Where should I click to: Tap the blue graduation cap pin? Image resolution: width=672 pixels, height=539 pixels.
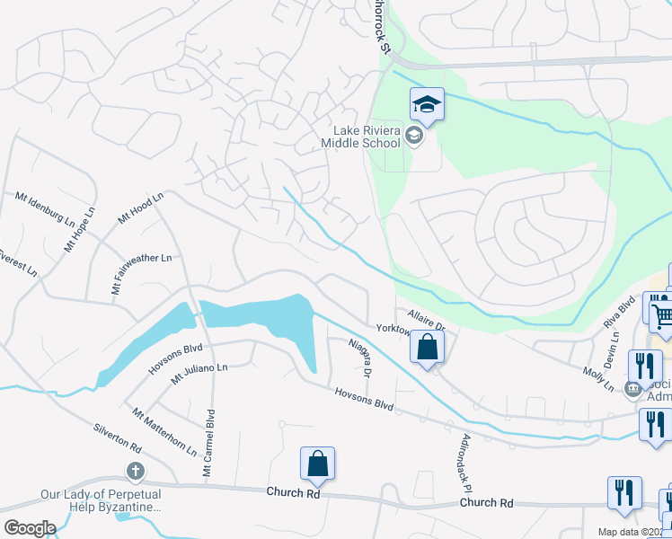[428, 105]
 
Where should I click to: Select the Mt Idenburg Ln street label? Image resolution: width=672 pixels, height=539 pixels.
[45, 208]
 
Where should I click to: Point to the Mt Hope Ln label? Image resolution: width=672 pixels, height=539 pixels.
[79, 231]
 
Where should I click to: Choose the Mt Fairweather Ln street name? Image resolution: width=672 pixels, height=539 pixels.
[141, 273]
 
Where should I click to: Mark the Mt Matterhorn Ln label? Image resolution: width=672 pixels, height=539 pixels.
[164, 430]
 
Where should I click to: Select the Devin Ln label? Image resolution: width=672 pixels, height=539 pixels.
[615, 349]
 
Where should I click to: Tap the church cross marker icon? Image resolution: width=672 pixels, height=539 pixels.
[135, 472]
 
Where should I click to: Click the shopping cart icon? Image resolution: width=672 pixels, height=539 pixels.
[663, 315]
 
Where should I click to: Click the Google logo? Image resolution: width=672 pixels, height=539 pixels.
[29, 528]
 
